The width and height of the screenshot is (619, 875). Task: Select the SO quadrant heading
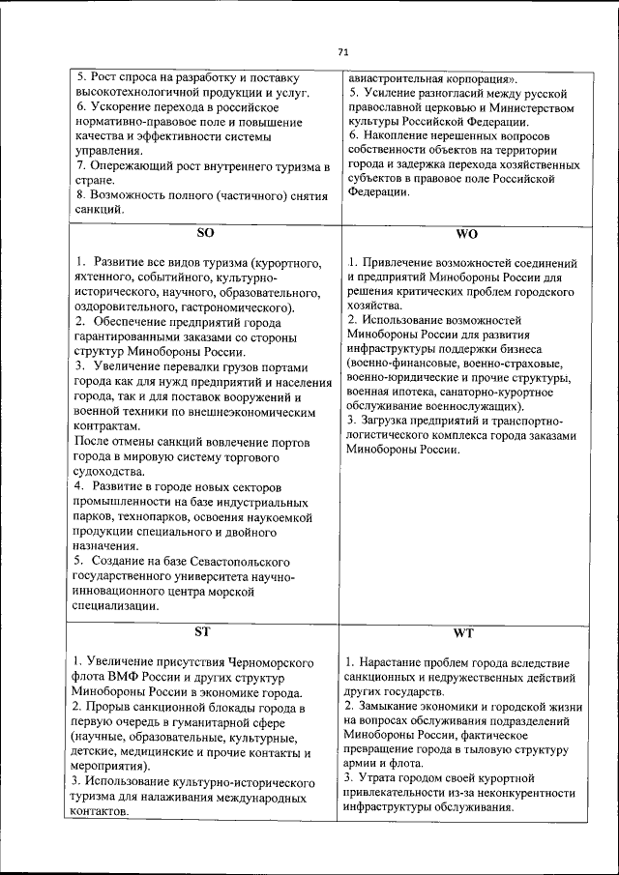[205, 233]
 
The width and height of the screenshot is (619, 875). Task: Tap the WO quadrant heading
[466, 234]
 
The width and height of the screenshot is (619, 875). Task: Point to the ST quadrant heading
[202, 632]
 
